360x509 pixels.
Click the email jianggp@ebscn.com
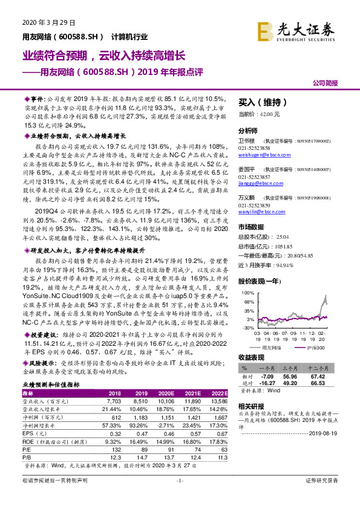coord(260,183)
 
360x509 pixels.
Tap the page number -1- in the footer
coord(180,497)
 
